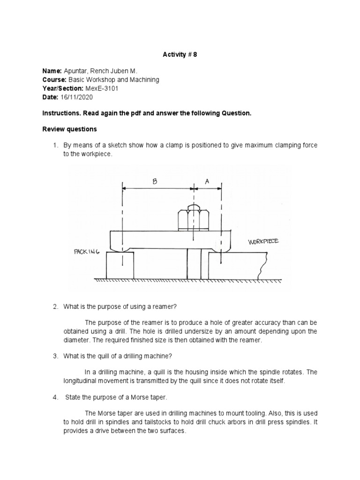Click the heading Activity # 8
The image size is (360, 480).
180,54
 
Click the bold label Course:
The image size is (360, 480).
53,80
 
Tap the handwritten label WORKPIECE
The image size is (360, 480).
263,241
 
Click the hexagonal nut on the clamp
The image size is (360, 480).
193,218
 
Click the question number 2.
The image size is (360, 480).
55,307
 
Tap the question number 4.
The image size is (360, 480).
55,397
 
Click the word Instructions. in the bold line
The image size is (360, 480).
60,113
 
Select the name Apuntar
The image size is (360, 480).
75,71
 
